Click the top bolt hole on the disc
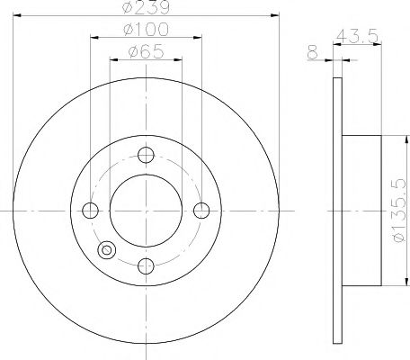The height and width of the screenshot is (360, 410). coord(144,155)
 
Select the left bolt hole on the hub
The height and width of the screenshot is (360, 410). coord(89,210)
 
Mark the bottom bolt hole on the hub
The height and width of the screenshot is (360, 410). coord(144,265)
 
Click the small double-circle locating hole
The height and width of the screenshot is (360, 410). coord(106,249)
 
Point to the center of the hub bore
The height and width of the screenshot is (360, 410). coord(144,210)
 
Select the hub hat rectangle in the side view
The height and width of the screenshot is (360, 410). coord(363,211)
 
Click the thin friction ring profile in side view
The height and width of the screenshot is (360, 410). coord(337,211)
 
